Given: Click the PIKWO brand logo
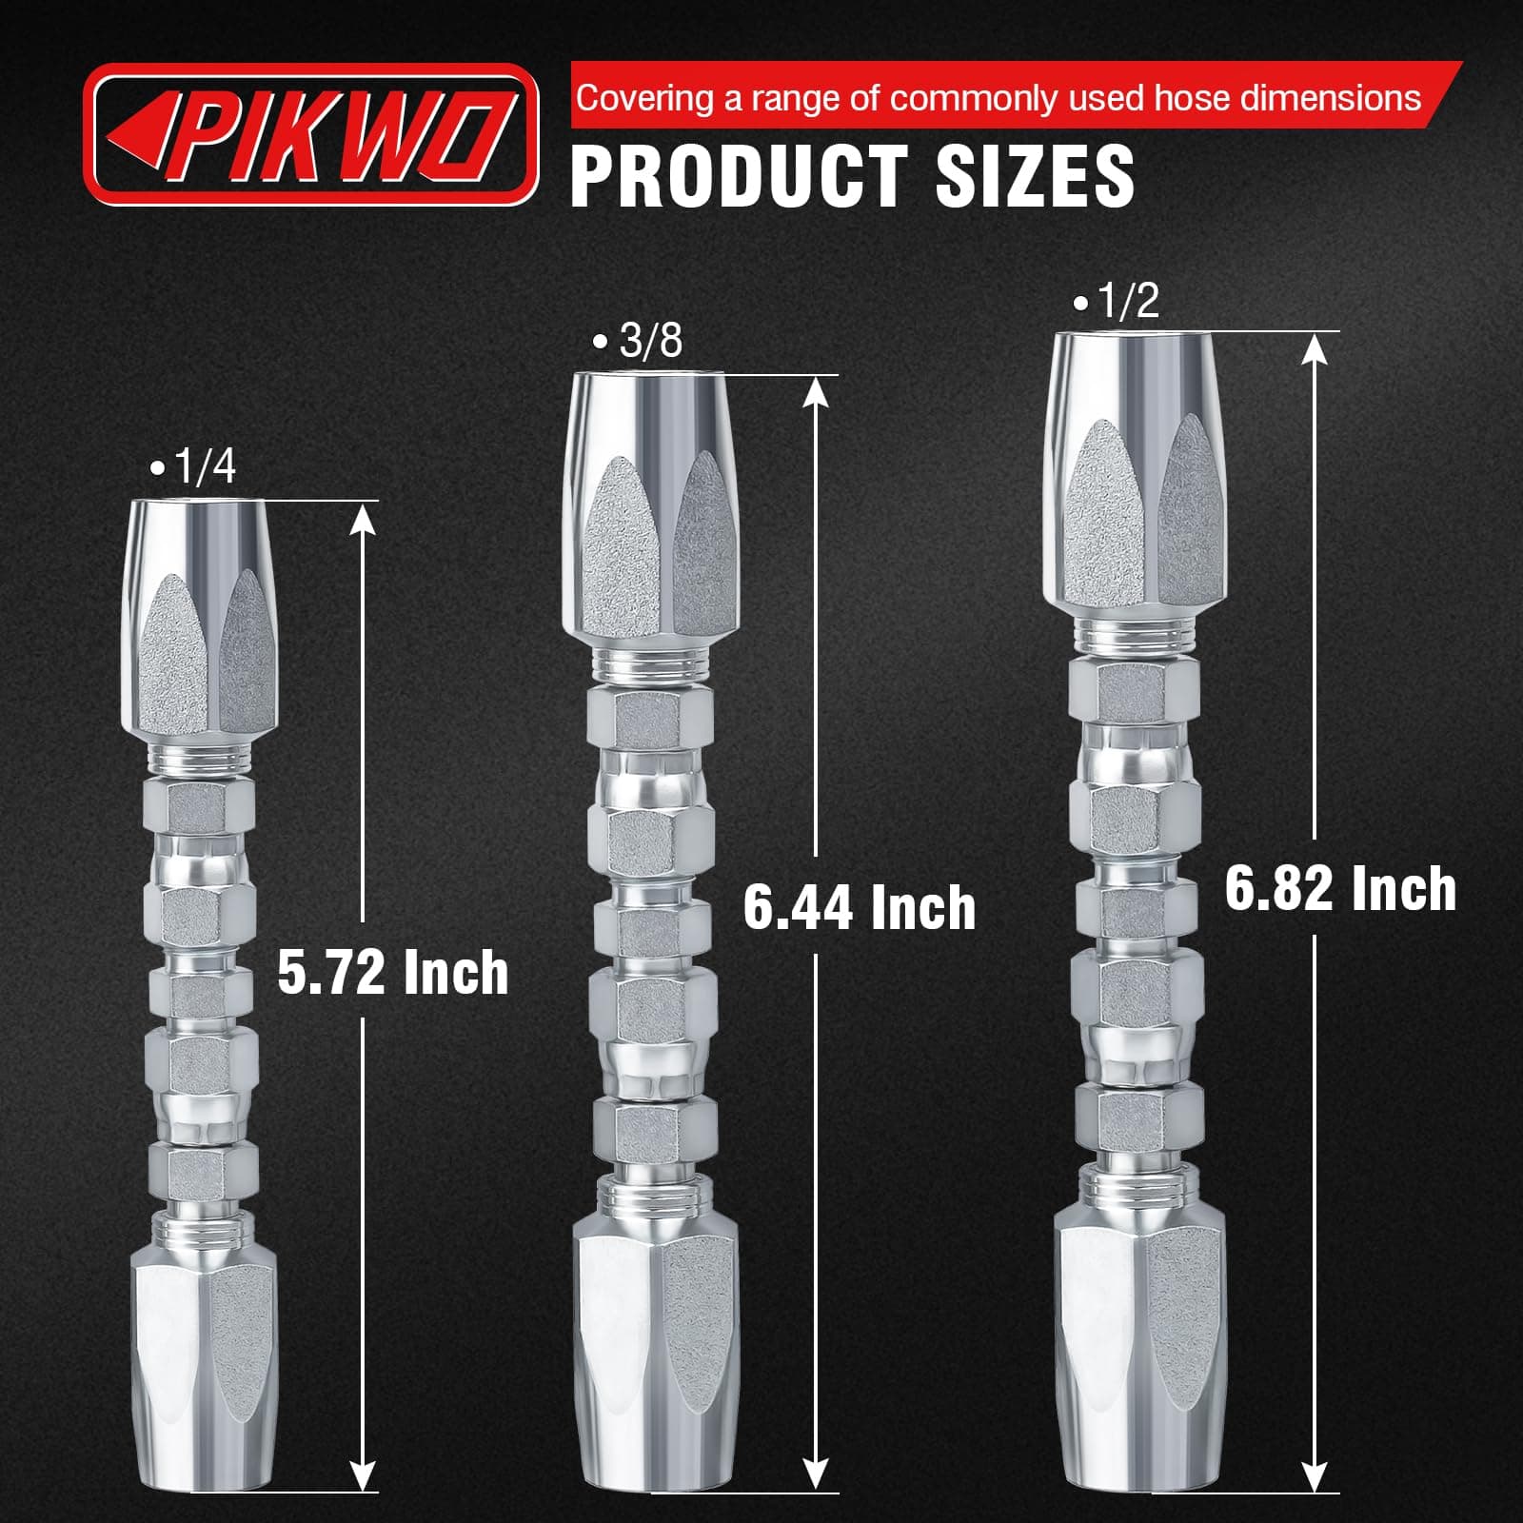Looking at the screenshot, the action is coord(311,134).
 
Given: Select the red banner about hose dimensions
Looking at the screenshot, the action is coord(1014,96).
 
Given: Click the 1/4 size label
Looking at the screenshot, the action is coord(193,467).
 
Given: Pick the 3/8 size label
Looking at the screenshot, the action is coord(638,342).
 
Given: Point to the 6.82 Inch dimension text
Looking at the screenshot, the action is coord(1340,889).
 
